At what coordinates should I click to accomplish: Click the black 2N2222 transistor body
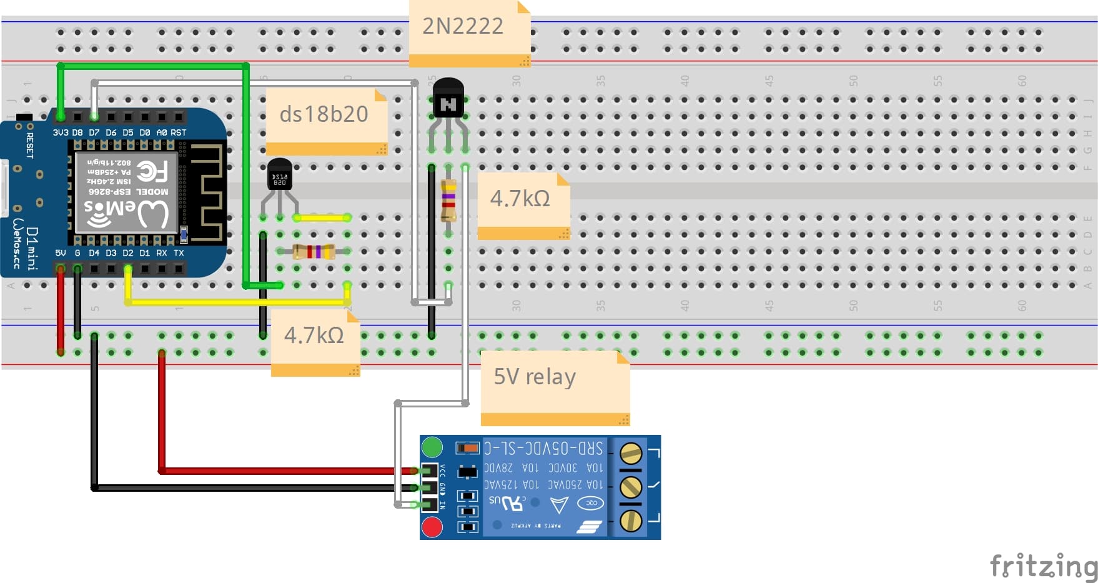448,98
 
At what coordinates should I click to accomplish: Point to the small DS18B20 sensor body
279,174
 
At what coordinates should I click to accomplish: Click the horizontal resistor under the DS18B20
314,251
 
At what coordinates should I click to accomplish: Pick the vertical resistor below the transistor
448,200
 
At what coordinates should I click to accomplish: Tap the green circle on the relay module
432,447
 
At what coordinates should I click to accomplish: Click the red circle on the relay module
432,527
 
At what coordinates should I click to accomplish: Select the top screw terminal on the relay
631,453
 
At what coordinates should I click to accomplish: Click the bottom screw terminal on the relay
631,520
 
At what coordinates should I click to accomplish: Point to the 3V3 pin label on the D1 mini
61,132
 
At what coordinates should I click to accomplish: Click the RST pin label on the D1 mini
179,132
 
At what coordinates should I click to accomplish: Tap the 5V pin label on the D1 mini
61,253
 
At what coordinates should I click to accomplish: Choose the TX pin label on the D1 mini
179,253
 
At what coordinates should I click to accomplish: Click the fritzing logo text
1043,566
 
